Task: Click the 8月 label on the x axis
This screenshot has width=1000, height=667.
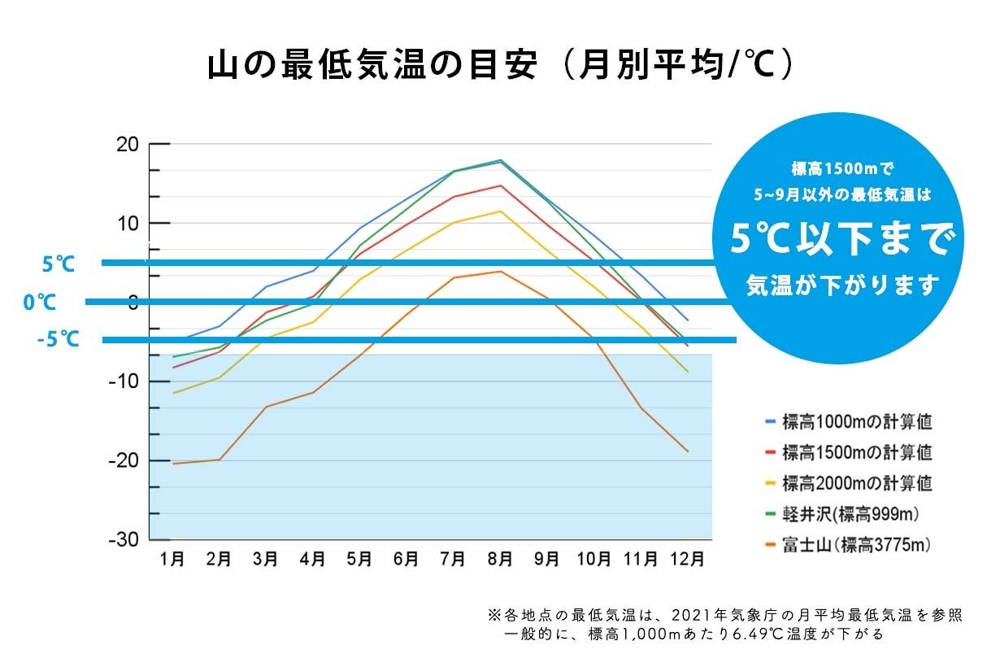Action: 500,560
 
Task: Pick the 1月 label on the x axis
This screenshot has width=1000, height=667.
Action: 172,560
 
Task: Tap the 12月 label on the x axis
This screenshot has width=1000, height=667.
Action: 687,560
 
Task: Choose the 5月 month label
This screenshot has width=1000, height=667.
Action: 359,560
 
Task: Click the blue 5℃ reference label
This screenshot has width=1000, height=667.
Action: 59,264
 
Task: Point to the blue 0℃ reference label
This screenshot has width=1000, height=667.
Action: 40,303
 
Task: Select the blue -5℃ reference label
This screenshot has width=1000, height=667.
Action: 59,340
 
